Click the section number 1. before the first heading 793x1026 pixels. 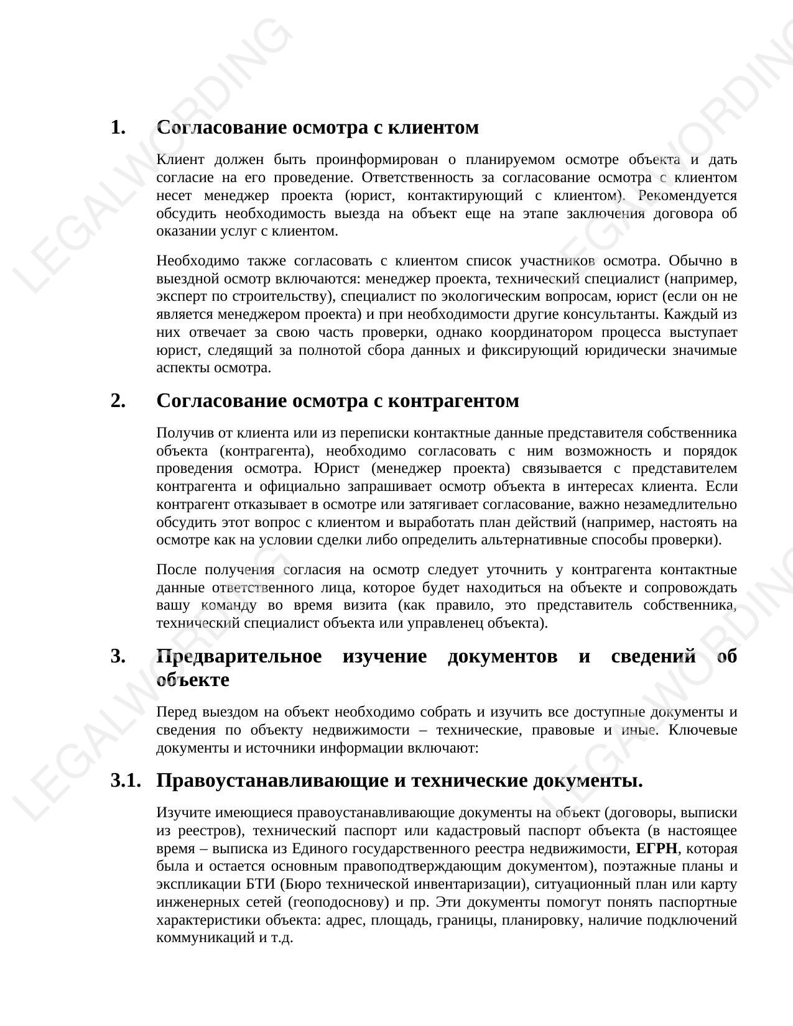[118, 127]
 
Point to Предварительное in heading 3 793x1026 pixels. [239, 656]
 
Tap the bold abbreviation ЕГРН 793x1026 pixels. [657, 849]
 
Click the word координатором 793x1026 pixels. [531, 332]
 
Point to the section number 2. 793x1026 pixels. [118, 401]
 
